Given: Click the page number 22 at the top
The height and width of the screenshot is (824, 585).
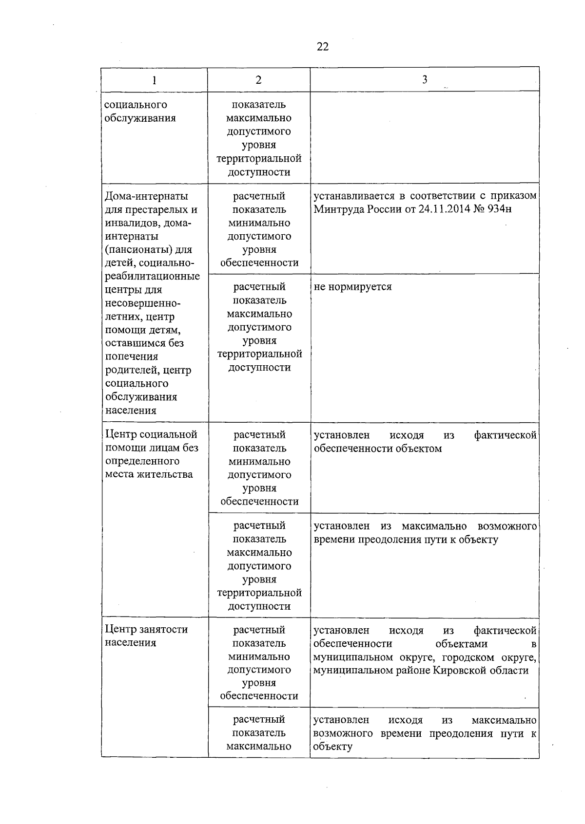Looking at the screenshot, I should click(x=323, y=47).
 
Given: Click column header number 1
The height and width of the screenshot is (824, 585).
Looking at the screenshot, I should click(x=154, y=80).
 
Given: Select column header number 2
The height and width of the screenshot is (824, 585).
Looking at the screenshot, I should click(x=258, y=80).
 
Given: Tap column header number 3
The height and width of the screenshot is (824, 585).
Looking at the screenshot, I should click(x=425, y=79).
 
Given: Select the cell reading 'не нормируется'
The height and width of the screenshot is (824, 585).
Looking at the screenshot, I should click(x=352, y=287).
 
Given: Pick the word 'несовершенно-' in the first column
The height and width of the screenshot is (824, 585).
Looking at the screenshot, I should click(x=143, y=303).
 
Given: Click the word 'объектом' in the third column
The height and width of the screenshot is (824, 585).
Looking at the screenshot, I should click(x=419, y=449).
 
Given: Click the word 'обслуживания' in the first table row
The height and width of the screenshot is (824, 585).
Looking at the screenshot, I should click(x=140, y=118).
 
